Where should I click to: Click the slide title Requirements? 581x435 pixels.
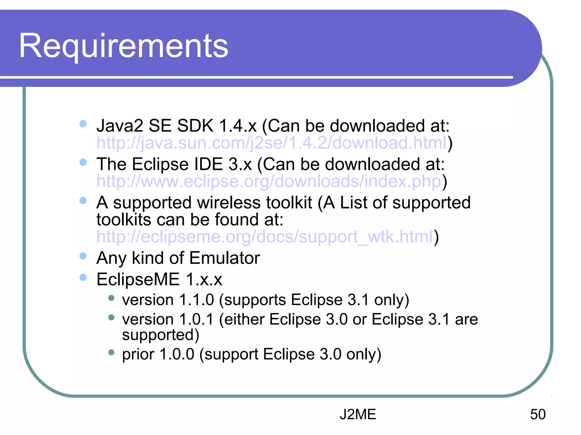(x=123, y=46)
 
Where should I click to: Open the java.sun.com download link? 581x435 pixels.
(x=272, y=143)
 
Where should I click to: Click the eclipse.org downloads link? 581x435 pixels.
(x=269, y=181)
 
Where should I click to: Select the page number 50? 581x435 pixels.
(x=538, y=414)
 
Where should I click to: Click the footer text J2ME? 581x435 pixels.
(x=358, y=414)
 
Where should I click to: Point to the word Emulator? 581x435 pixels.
(x=224, y=258)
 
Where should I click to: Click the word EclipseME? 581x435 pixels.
(x=138, y=279)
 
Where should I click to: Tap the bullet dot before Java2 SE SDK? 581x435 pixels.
(x=83, y=124)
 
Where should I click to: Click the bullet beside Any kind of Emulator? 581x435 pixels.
(x=83, y=256)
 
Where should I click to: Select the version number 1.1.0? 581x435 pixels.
(x=197, y=300)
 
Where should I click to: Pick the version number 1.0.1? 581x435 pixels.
(x=196, y=319)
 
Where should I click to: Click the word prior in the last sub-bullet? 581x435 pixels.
(x=138, y=354)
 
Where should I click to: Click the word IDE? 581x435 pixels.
(x=208, y=164)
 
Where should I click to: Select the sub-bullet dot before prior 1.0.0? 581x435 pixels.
(x=111, y=353)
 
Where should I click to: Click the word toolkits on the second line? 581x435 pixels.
(x=124, y=220)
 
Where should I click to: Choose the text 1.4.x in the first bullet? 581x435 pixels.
(x=238, y=126)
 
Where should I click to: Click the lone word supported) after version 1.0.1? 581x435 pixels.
(x=161, y=335)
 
